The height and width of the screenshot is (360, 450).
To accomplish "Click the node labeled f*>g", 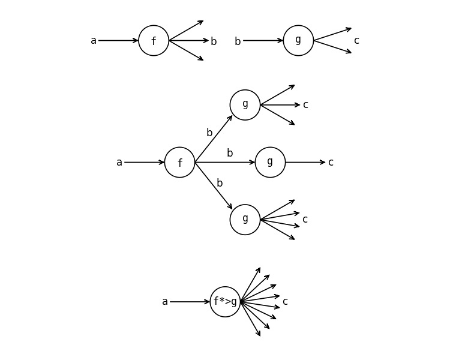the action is [x=225, y=301].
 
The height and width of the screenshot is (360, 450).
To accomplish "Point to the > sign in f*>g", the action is [x=228, y=301].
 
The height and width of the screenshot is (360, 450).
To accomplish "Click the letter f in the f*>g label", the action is [x=216, y=301].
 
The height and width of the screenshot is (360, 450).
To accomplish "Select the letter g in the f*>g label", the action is [x=234, y=302].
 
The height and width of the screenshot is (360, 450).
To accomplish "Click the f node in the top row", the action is [x=154, y=41].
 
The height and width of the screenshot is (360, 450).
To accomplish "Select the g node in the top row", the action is [x=298, y=41].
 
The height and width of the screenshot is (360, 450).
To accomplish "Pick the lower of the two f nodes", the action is [x=179, y=162].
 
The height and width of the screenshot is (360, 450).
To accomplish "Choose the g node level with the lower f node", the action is [x=270, y=162].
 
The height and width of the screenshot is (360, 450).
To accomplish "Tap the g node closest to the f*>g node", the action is [x=245, y=220].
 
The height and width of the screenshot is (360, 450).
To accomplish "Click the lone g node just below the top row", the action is [x=245, y=105].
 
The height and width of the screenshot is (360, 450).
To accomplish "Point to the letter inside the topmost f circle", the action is [x=154, y=41].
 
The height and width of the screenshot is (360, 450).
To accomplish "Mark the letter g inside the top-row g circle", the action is [x=298, y=40].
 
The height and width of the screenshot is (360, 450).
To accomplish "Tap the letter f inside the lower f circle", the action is [x=179, y=163].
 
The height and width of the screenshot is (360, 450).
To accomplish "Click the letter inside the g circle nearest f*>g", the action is [x=245, y=219].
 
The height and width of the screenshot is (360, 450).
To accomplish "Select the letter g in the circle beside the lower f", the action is [x=270, y=161].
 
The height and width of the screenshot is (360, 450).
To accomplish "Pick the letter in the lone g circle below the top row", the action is [x=245, y=104].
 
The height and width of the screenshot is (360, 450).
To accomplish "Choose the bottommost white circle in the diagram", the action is [x=225, y=301].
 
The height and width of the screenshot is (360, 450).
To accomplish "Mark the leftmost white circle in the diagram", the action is [x=154, y=41].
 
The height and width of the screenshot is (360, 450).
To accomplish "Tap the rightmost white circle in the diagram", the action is [x=298, y=41].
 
